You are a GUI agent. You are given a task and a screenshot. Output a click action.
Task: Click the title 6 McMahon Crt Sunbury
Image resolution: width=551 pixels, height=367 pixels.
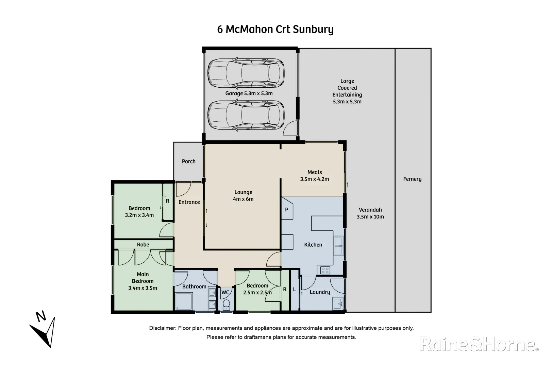pos(275,29)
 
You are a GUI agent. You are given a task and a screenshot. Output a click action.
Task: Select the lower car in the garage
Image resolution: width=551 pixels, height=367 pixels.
pos(246,116)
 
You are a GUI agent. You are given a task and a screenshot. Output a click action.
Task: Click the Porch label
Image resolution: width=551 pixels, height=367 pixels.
pos(188,161)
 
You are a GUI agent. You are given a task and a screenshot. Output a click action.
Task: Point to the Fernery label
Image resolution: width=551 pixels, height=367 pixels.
pos(412,179)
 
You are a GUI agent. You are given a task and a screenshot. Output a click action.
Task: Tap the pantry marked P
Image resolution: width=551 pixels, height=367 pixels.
pos(287,210)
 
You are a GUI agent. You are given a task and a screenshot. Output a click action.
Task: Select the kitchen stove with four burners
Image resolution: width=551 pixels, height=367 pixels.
pos(325,270)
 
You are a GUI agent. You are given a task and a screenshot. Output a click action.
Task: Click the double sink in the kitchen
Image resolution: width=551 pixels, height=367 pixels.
pos(338,246)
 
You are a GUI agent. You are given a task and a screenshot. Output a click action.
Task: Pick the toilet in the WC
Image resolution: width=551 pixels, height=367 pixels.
pos(226,304)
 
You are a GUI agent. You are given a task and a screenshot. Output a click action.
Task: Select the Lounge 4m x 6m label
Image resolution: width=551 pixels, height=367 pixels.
pos(243,196)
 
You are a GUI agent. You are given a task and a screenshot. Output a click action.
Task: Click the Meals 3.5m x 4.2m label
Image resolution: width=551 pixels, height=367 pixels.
pos(314,176)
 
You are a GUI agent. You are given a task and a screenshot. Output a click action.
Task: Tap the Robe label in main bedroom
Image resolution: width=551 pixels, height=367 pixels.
pos(143,245)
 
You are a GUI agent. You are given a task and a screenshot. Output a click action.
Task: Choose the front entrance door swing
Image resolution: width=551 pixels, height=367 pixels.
pos(183,189)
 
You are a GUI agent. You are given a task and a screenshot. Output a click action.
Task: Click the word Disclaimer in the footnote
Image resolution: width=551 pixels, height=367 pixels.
pos(162,328)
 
